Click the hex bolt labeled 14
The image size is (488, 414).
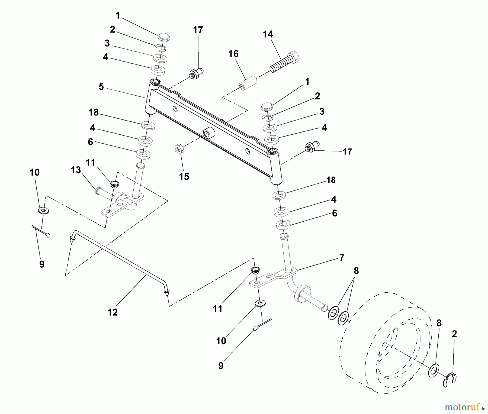tap(285, 63)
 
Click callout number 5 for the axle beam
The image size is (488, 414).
tap(101, 87)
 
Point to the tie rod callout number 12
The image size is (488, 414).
tap(113, 312)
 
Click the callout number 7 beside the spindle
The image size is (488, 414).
tap(342, 257)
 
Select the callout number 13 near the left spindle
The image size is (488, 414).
tap(76, 170)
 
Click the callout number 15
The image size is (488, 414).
tap(184, 177)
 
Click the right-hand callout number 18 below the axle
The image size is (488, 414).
tap(331, 180)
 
